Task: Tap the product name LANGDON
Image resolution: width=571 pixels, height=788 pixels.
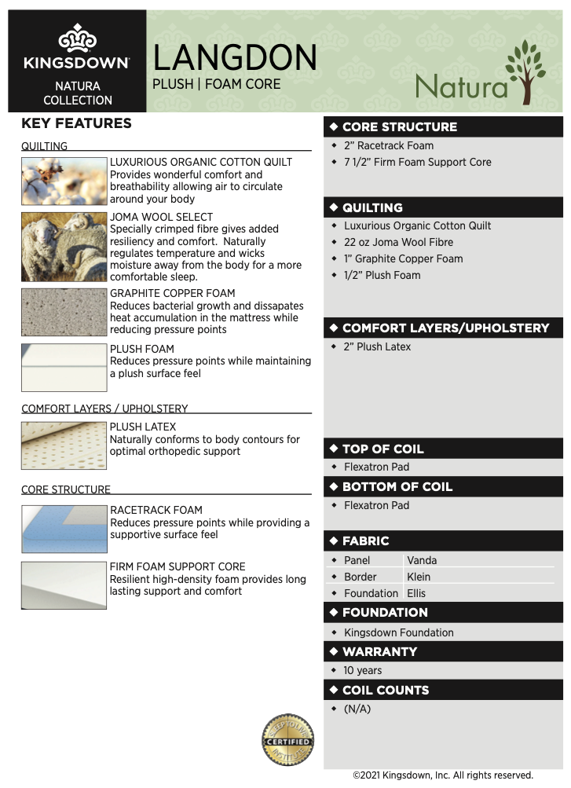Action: [235, 57]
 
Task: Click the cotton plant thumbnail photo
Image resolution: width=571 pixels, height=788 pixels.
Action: [64, 181]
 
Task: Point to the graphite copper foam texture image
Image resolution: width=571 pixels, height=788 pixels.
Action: [64, 312]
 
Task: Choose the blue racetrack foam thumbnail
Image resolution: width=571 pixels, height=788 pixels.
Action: [64, 529]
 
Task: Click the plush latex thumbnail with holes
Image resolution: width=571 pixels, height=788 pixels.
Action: [64, 445]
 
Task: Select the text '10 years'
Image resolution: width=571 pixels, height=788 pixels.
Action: [363, 670]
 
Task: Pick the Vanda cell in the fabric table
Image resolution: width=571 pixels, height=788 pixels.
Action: [423, 560]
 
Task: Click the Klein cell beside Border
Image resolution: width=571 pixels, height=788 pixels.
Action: [419, 577]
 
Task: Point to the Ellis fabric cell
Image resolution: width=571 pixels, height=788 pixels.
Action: [416, 593]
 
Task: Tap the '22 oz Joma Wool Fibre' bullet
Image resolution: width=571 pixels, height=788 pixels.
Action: [398, 242]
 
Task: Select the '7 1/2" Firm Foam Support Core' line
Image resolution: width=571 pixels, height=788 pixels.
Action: [417, 162]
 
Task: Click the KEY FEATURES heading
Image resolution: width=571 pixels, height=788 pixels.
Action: [76, 123]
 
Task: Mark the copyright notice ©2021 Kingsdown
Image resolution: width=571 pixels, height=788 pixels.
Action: [443, 775]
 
